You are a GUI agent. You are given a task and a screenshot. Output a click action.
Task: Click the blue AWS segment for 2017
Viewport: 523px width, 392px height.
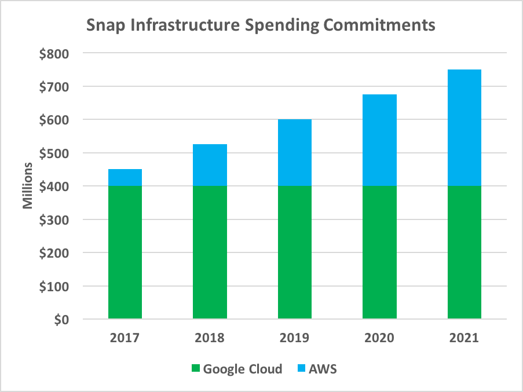click(125, 178)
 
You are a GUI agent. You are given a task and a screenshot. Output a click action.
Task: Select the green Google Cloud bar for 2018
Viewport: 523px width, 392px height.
click(210, 252)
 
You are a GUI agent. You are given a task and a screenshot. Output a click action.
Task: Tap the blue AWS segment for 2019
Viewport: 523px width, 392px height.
click(295, 153)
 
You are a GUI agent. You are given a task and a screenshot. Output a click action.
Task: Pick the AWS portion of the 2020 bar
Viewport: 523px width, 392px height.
click(379, 140)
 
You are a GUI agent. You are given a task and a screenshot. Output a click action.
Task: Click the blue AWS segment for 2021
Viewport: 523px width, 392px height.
click(464, 128)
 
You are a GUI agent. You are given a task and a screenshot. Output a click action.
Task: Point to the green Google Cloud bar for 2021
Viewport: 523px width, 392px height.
click(464, 252)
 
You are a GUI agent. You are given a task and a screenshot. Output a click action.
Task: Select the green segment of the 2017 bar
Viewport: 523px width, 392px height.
click(125, 252)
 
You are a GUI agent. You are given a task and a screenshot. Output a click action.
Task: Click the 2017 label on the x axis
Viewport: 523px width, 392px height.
click(125, 338)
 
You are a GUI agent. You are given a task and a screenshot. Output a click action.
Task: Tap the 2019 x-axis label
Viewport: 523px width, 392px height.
click(295, 338)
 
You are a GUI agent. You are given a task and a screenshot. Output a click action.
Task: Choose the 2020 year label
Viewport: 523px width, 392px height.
click(379, 338)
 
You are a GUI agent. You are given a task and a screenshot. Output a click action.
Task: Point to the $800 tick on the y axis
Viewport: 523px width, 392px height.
click(53, 54)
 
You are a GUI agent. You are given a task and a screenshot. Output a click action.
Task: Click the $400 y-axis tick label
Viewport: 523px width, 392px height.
click(53, 187)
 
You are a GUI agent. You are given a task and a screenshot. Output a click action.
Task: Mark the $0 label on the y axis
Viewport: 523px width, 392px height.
click(60, 320)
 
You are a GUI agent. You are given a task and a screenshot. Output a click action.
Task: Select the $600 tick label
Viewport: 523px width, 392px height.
click(53, 120)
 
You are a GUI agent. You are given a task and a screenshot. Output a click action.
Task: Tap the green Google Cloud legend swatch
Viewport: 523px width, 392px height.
click(195, 369)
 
